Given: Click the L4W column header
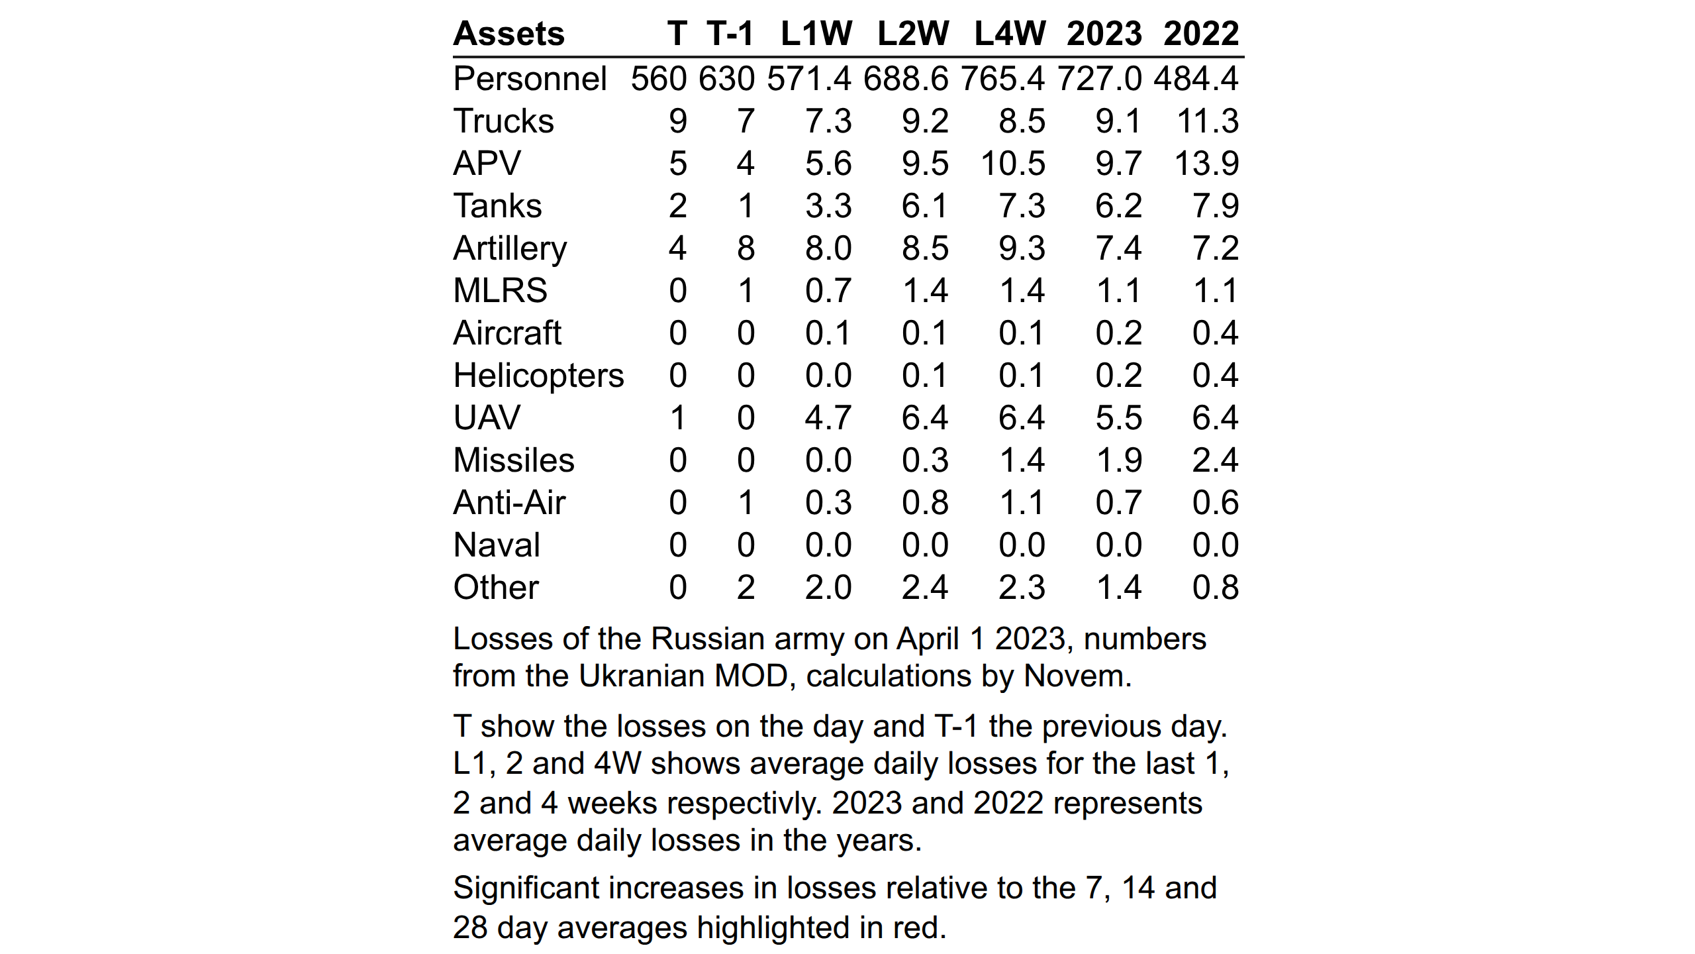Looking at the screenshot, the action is pos(1010,33).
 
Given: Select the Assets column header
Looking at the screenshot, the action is pos(508,33).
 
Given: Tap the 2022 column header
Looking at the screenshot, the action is pos(1201,33).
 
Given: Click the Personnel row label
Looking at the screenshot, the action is pos(530,79).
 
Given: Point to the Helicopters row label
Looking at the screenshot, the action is pos(538,376).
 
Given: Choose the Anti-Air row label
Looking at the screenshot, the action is pos(509,503).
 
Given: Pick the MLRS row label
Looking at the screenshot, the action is pos(500,291).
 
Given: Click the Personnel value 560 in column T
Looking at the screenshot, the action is pos(659,79).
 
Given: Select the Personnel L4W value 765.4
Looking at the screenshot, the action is pos(1002,79).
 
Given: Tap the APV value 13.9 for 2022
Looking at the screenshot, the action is pos(1206,164).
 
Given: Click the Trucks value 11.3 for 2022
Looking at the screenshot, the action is pos(1208,121).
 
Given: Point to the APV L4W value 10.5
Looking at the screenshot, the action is pos(1013,164).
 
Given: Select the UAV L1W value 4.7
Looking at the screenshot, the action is pos(828,418).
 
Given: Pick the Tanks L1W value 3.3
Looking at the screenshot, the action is pos(828,206).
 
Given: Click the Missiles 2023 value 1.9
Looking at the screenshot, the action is pos(1119,460).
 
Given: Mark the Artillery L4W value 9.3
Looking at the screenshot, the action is pos(1022,248).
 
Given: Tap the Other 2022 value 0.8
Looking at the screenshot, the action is pos(1216,588).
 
